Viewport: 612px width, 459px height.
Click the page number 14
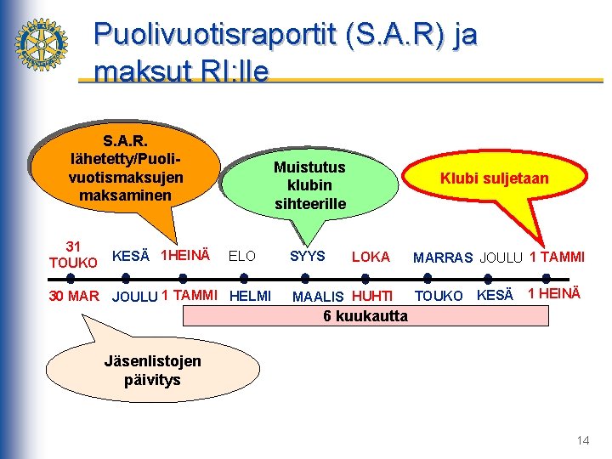[x=582, y=440]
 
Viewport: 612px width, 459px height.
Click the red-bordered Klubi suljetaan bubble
[x=494, y=178]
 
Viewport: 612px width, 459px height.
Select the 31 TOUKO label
[x=73, y=254]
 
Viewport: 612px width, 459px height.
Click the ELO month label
[x=242, y=256]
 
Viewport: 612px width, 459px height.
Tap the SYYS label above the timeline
[x=307, y=256]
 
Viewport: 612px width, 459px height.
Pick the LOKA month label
[x=371, y=257]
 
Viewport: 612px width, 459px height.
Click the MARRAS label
[x=442, y=258]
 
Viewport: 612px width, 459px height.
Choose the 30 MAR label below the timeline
[x=74, y=296]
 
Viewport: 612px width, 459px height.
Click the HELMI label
[x=251, y=296]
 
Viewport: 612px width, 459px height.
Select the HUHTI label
[x=372, y=297]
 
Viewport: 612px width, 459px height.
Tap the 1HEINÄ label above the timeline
[x=185, y=256]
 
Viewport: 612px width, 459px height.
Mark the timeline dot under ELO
[x=243, y=277]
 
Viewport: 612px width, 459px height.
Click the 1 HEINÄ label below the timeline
[x=553, y=293]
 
